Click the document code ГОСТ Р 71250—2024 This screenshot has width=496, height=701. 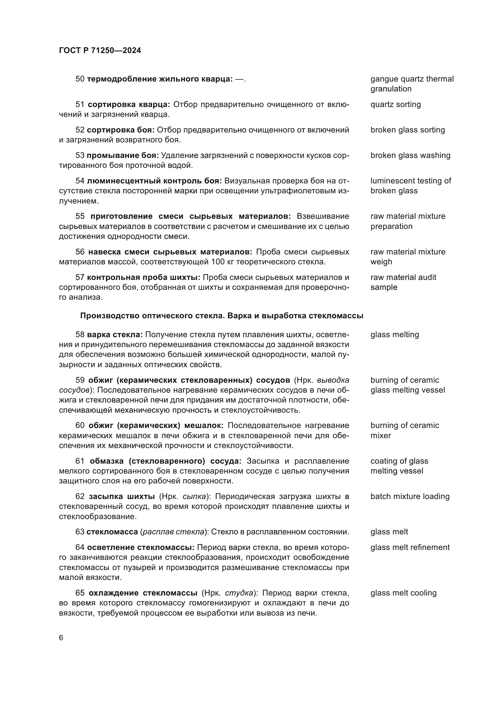[100, 50]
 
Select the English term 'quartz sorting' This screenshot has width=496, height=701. [395, 104]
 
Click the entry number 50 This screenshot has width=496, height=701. [80, 79]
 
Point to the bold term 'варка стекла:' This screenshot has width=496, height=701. [115, 335]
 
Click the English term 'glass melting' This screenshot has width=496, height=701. [394, 335]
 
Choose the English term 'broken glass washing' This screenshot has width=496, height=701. [410, 156]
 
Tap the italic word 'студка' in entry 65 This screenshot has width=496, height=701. [239, 593]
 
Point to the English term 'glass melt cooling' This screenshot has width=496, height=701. [403, 593]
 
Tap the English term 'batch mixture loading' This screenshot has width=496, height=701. [410, 496]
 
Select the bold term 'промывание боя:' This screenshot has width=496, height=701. [122, 156]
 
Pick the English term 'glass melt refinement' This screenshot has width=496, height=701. [410, 547]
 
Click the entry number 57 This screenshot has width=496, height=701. [80, 278]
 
